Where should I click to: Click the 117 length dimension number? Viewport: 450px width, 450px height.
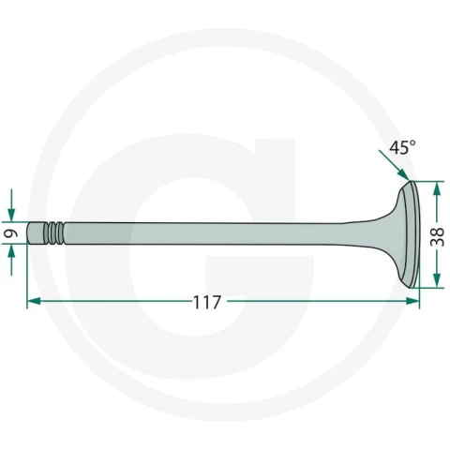[x=207, y=302]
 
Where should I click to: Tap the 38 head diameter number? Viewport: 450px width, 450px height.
[x=437, y=236]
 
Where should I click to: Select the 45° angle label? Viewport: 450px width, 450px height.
[x=402, y=147]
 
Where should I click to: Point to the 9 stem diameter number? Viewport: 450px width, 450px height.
[x=11, y=233]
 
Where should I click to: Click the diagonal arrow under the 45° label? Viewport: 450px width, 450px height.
[x=394, y=165]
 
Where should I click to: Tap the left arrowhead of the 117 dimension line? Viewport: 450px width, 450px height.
[x=34, y=301]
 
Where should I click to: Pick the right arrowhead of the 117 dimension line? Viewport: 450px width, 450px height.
[x=412, y=301]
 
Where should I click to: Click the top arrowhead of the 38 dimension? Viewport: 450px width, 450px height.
[x=437, y=188]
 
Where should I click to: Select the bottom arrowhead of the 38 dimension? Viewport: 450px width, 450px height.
[x=437, y=280]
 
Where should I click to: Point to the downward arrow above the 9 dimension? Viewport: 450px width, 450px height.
[x=11, y=205]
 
